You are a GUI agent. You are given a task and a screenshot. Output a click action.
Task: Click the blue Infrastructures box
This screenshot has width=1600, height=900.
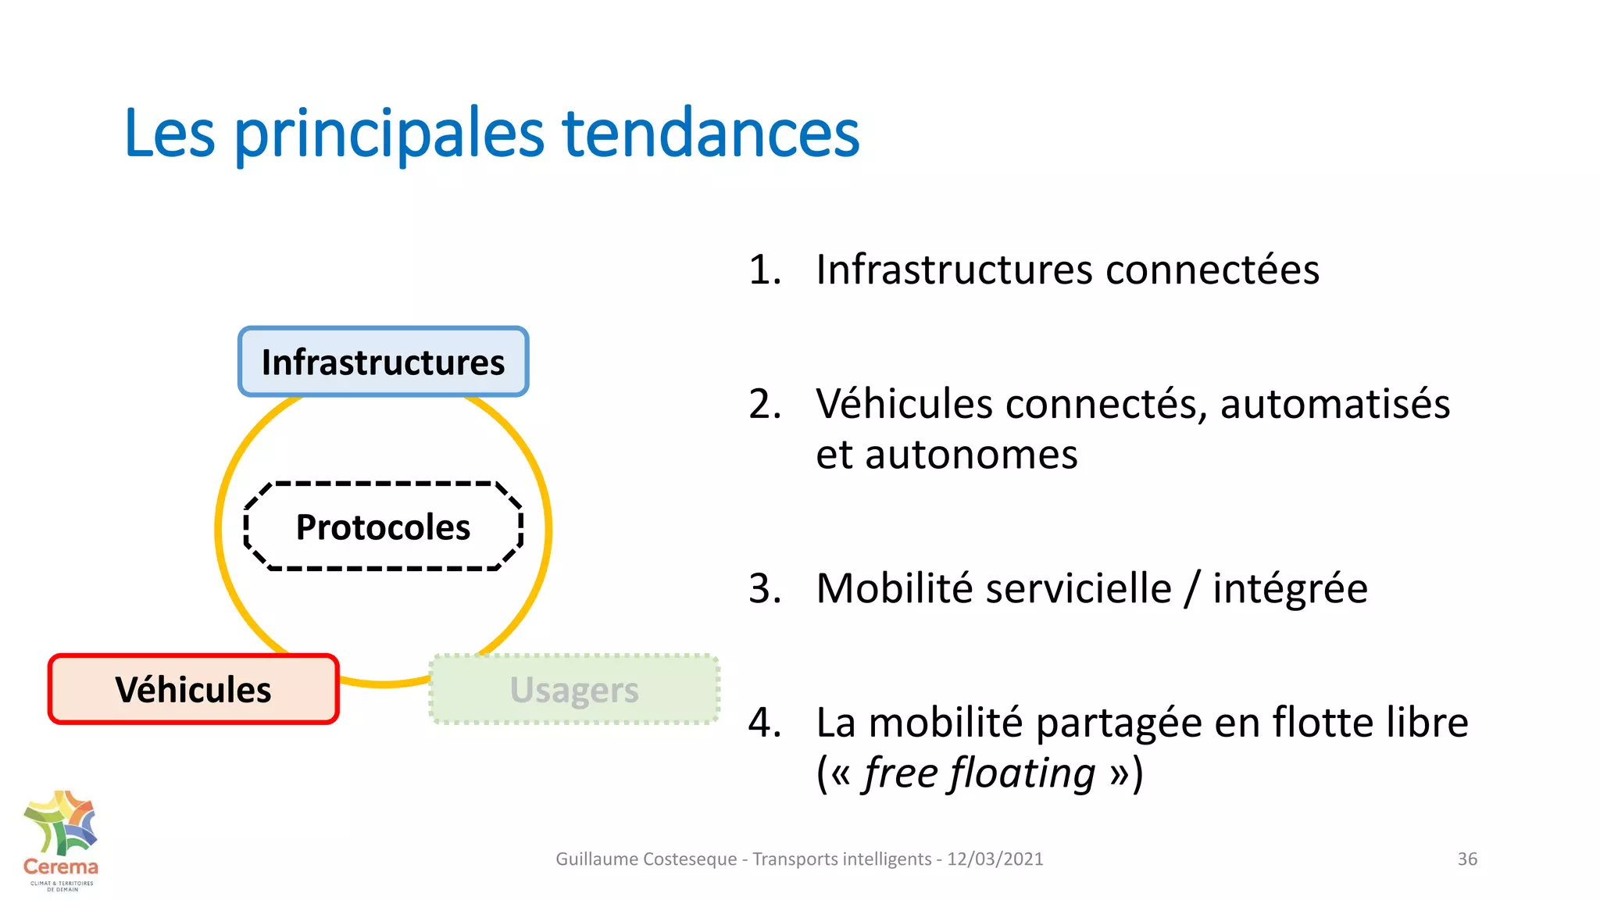click(x=383, y=362)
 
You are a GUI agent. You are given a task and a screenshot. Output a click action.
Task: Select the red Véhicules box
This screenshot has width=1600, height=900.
click(x=193, y=690)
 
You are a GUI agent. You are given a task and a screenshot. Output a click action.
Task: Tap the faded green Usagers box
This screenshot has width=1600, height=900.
click(x=574, y=690)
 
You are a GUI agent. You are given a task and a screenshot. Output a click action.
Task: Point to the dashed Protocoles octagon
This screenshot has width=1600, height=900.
click(x=383, y=527)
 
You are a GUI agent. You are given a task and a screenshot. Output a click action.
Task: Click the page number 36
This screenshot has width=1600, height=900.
click(x=1467, y=859)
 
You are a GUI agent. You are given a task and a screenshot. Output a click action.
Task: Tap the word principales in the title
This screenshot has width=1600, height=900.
click(x=388, y=134)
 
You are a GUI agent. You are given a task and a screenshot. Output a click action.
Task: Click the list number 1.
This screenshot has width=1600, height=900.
click(x=764, y=270)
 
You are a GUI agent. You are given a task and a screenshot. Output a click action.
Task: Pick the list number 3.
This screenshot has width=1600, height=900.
click(x=764, y=588)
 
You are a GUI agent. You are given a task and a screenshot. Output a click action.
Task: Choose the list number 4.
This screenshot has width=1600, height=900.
click(x=764, y=723)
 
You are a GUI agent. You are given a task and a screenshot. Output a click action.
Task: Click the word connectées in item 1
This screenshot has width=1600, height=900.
click(x=1212, y=270)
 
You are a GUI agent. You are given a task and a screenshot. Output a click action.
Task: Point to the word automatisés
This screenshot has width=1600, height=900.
click(x=1334, y=405)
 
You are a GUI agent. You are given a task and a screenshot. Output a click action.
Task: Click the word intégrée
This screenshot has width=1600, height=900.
click(x=1290, y=590)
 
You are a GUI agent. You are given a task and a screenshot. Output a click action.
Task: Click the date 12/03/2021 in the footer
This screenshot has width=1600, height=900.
click(x=995, y=859)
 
